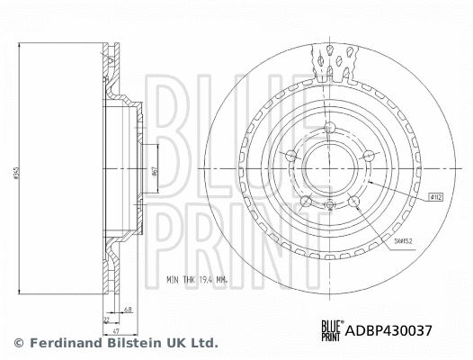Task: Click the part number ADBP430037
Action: click(x=396, y=330)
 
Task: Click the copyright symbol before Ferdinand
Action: click(x=19, y=343)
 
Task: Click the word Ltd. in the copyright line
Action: click(x=203, y=343)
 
